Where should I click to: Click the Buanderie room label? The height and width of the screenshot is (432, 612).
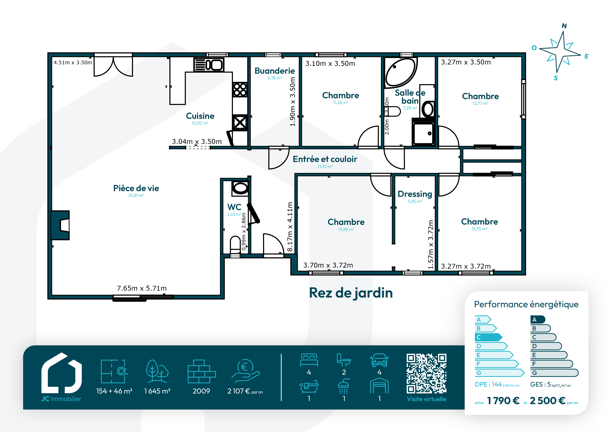click(275, 71)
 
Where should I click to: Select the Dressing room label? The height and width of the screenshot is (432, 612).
click(415, 194)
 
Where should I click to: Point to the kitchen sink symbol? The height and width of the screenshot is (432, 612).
click(209, 65)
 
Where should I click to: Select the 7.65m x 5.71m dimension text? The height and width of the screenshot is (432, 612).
click(142, 288)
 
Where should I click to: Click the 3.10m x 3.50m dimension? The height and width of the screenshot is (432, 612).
click(330, 64)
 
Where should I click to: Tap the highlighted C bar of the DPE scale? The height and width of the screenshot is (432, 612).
click(488, 337)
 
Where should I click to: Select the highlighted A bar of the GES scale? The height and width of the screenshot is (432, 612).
click(538, 319)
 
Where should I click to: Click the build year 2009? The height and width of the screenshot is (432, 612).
click(201, 391)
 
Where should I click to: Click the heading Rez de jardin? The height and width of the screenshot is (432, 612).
click(351, 293)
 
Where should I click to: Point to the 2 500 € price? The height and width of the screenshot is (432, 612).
click(547, 401)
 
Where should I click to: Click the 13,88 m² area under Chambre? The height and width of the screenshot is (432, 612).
click(346, 229)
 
